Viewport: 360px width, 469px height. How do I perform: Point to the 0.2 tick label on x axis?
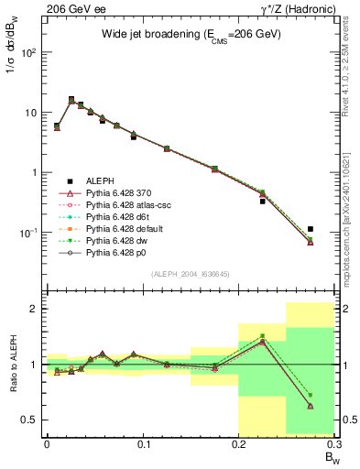coord(239,444)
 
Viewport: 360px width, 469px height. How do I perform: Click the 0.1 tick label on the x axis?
coord(143,444)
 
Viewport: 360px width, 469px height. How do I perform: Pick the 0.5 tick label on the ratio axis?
coord(30,420)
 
